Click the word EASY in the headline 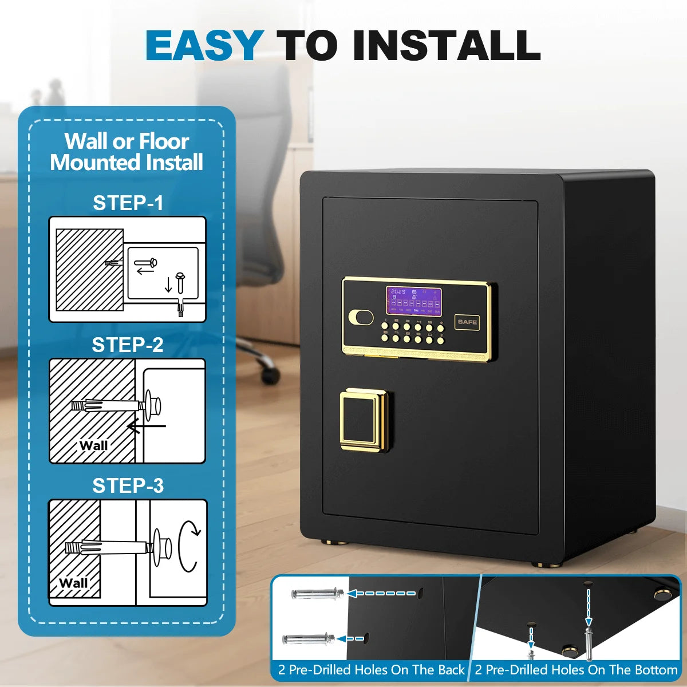click(204, 46)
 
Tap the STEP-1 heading click(128, 203)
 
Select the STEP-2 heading click(128, 345)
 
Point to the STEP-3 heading click(128, 485)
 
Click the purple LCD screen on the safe click(413, 301)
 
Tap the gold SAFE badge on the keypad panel click(467, 322)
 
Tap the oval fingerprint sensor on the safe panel click(361, 317)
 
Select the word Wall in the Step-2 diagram click(93, 445)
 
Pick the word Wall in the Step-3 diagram click(73, 583)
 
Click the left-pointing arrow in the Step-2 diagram click(146, 426)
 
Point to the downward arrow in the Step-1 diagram click(168, 285)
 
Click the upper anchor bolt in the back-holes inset click(317, 594)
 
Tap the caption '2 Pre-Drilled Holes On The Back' click(371, 669)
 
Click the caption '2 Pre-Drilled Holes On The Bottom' click(576, 669)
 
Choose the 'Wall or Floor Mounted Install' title click(127, 152)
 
